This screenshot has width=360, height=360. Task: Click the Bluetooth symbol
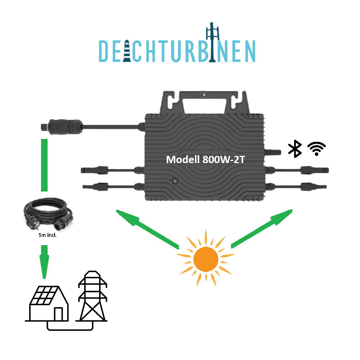click(x=295, y=149)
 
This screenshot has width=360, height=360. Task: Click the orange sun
click(x=206, y=259)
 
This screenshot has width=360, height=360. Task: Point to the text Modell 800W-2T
click(x=205, y=159)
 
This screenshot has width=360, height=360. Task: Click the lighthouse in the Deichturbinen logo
click(x=127, y=51)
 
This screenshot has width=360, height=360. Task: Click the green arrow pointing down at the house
click(x=44, y=261)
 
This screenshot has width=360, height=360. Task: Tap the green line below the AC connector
click(x=44, y=164)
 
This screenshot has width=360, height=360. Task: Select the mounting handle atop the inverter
click(x=204, y=103)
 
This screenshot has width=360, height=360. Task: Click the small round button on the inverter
click(x=175, y=181)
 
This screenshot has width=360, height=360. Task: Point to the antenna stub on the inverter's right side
click(x=273, y=152)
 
